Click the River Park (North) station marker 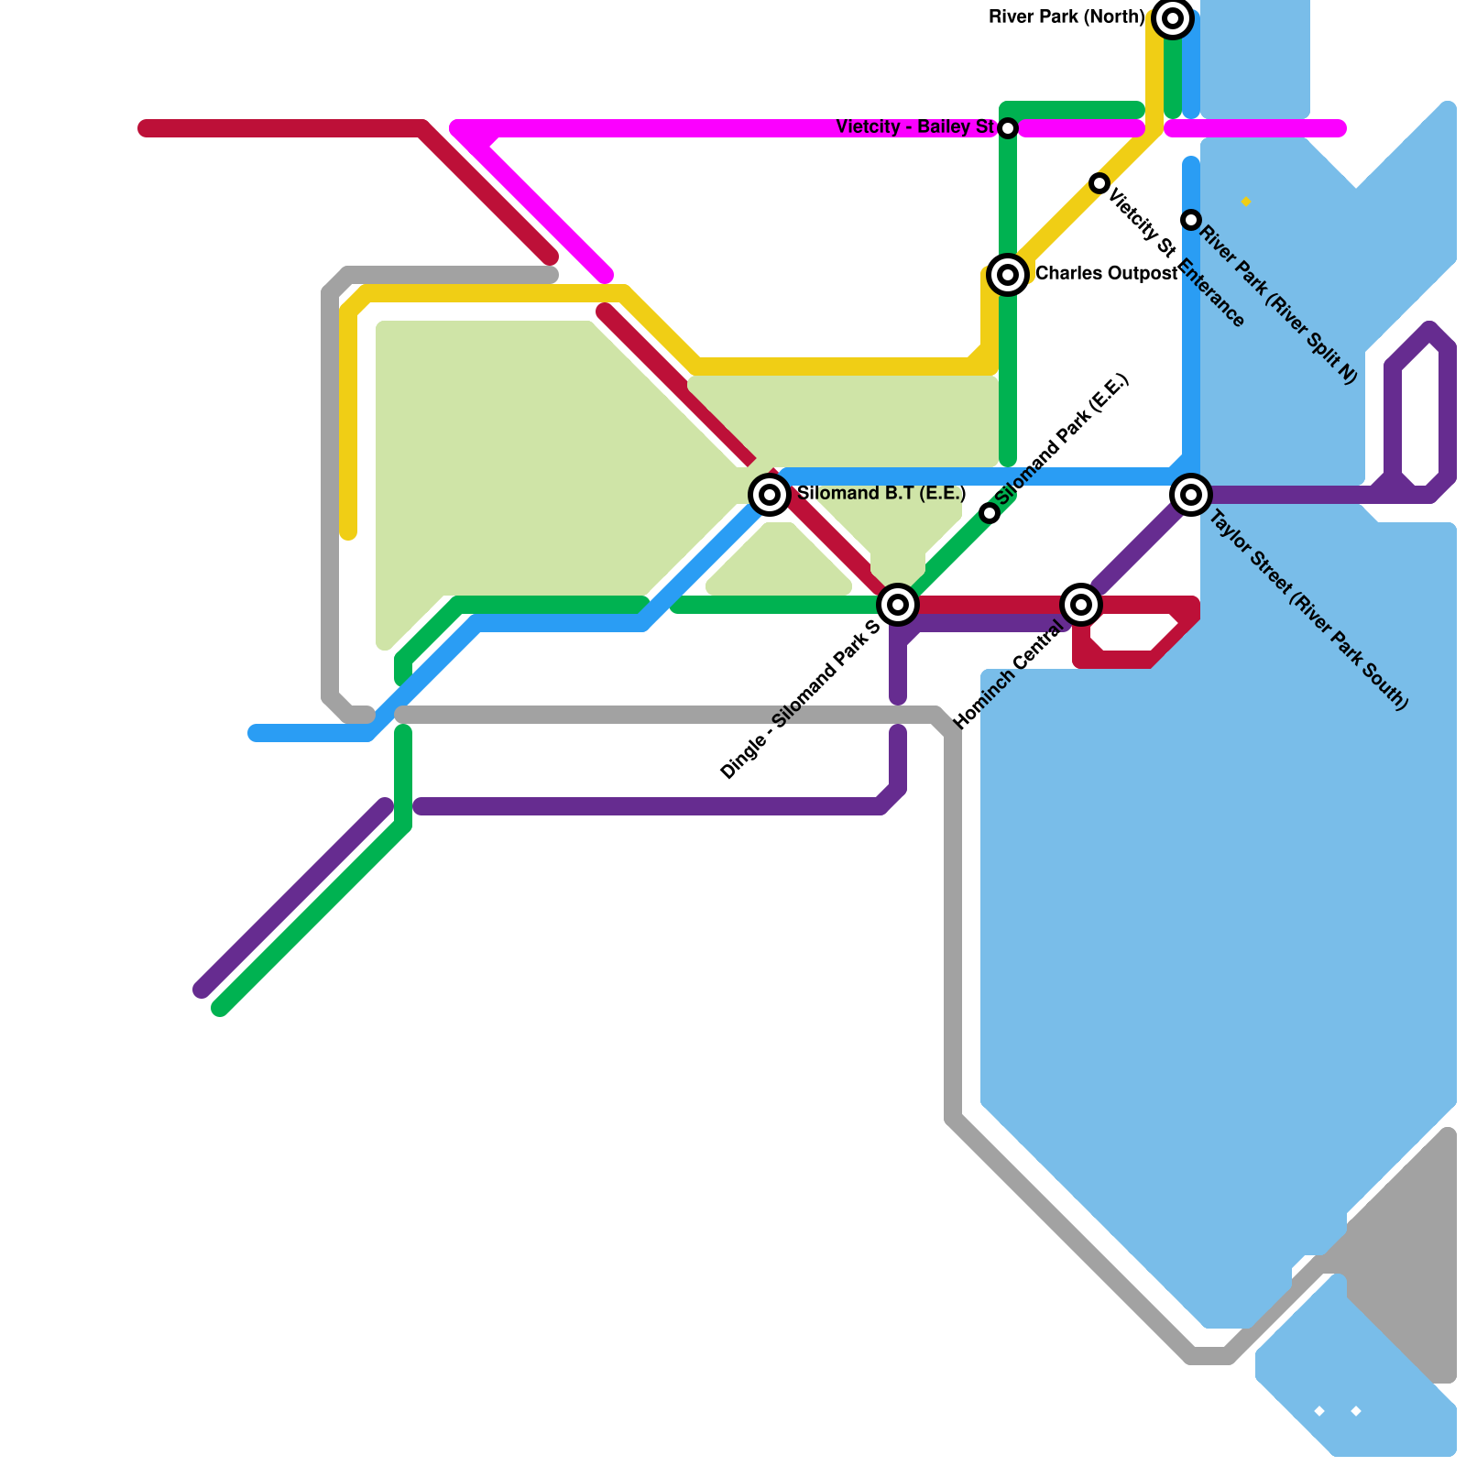pyautogui.click(x=1172, y=18)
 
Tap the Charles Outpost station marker pyautogui.click(x=1008, y=274)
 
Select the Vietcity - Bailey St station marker pyautogui.click(x=1008, y=128)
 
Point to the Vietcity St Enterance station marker pyautogui.click(x=1099, y=183)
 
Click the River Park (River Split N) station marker pyautogui.click(x=1191, y=220)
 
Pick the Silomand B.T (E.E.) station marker pyautogui.click(x=770, y=495)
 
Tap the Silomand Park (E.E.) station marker pyautogui.click(x=990, y=513)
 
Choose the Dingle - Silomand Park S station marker pyautogui.click(x=898, y=604)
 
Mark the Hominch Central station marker pyautogui.click(x=1081, y=604)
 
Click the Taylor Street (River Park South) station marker pyautogui.click(x=1191, y=495)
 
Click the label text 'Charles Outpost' pyautogui.click(x=1106, y=274)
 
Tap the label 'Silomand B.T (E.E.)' pyautogui.click(x=881, y=494)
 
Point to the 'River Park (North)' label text pyautogui.click(x=1067, y=17)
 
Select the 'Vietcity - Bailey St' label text pyautogui.click(x=914, y=127)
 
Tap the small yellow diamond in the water pyautogui.click(x=1246, y=202)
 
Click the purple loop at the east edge pyautogui.click(x=1420, y=412)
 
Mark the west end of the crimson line pyautogui.click(x=145, y=128)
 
